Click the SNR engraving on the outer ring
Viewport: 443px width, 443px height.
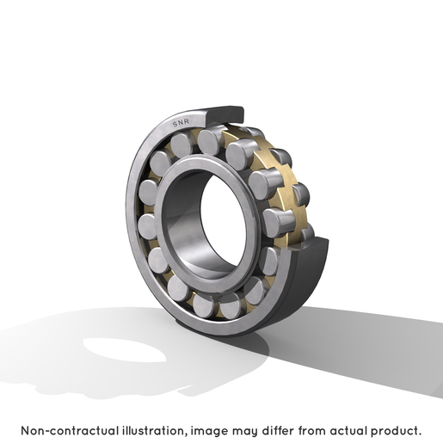[181, 122]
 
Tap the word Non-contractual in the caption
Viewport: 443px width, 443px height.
[70, 431]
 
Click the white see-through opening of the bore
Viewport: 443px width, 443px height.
[223, 221]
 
